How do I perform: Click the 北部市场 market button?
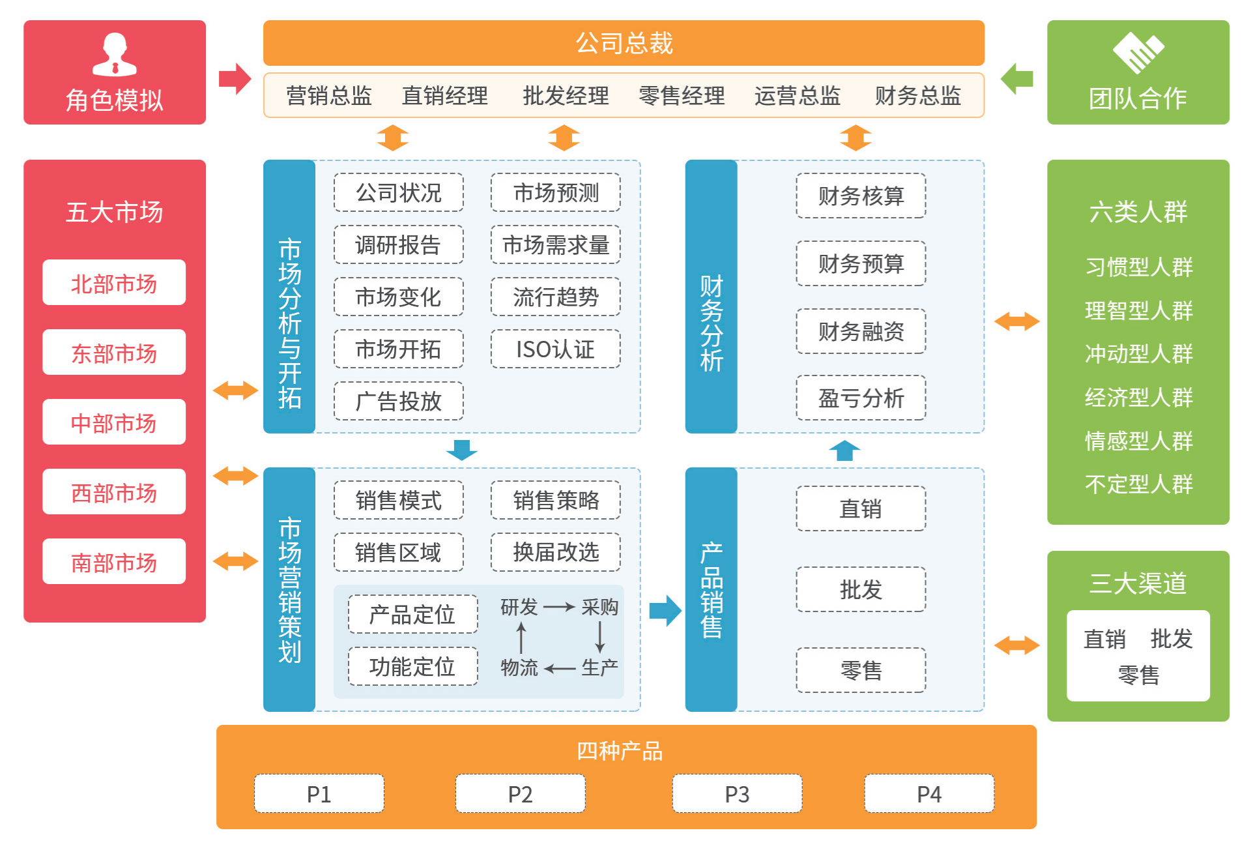[114, 282]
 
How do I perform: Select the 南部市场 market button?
[114, 561]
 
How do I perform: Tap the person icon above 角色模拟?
[115, 55]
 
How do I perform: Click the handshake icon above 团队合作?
[1138, 53]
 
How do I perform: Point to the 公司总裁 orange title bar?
[624, 43]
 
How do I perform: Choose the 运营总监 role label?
[798, 96]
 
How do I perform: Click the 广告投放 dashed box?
[399, 401]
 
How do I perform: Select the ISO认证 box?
[556, 349]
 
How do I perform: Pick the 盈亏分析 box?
[861, 398]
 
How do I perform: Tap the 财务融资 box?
[861, 331]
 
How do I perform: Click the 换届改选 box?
[556, 552]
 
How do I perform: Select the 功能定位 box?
[413, 666]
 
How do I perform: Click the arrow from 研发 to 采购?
[559, 608]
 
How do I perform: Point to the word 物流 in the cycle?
[519, 668]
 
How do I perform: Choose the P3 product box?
[737, 793]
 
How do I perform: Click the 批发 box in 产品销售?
[861, 589]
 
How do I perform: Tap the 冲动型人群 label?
[1138, 354]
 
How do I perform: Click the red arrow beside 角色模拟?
[235, 79]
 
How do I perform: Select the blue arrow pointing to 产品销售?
[665, 611]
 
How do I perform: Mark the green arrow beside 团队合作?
[1016, 79]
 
